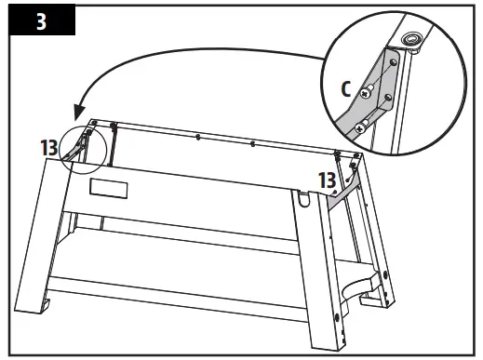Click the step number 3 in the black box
(40, 21)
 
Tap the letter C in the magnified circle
(347, 90)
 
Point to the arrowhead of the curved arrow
(80, 110)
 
